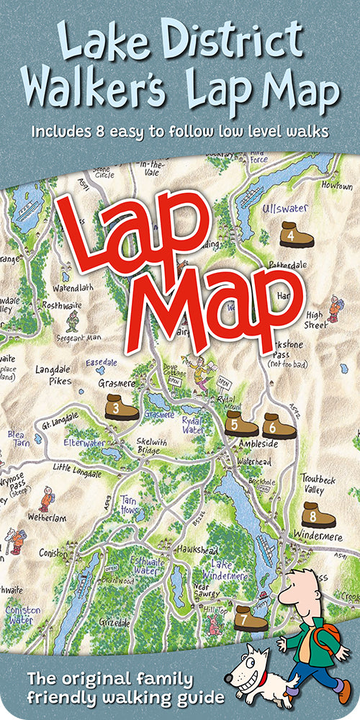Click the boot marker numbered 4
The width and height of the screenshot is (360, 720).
[x=296, y=235]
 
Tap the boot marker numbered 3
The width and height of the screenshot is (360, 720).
[x=120, y=408]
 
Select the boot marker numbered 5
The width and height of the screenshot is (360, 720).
[x=240, y=425]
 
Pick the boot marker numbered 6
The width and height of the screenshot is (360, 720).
[x=279, y=426]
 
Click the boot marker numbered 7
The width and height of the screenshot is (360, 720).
[x=251, y=617]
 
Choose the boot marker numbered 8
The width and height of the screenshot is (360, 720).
[x=318, y=515]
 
